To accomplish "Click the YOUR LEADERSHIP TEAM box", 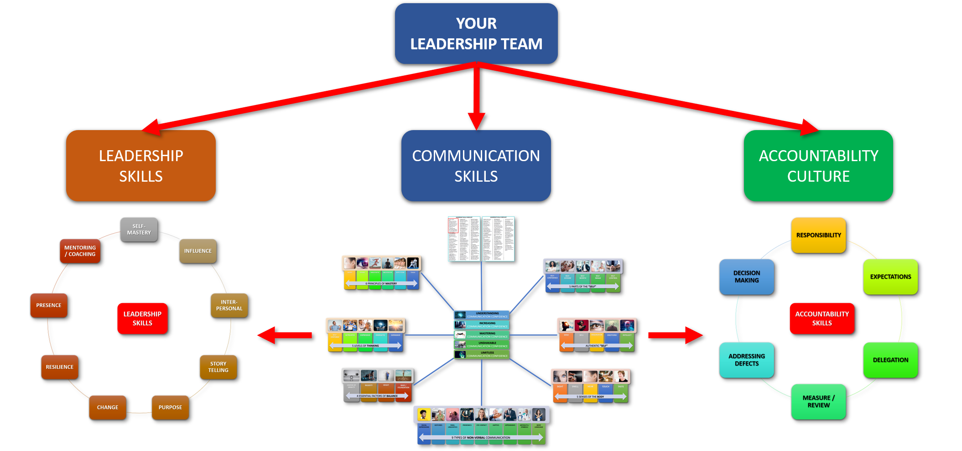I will [476, 34].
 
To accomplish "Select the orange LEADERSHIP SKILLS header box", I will [141, 166].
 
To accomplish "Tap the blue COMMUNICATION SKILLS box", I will [476, 166].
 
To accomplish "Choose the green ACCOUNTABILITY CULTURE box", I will [818, 166].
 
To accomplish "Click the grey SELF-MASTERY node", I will [139, 229].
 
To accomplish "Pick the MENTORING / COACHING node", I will [80, 251].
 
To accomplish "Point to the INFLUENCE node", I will [198, 251].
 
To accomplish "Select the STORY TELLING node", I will [218, 367].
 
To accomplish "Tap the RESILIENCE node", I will [59, 367].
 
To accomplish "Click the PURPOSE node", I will [170, 407].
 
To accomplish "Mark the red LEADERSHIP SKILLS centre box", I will [142, 318].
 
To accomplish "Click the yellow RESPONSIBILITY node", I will [818, 235].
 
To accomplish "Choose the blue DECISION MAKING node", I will [746, 277].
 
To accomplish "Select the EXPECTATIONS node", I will [890, 277].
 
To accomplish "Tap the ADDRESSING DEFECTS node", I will [746, 360].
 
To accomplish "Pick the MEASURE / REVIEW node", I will [818, 401].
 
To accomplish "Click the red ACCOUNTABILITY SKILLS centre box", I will [822, 318].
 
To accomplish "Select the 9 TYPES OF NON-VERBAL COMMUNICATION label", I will [481, 437].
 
